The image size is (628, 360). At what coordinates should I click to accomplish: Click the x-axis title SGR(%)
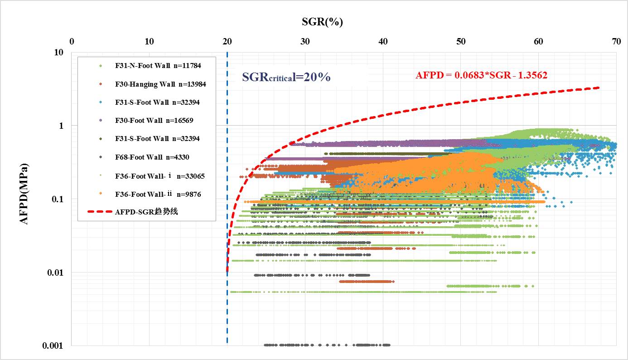(322, 21)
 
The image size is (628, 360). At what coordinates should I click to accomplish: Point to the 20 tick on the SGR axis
(227, 41)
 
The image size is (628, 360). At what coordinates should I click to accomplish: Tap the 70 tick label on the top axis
(616, 41)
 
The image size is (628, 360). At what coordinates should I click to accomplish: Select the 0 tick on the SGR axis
(72, 41)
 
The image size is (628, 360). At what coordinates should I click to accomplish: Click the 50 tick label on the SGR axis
(461, 41)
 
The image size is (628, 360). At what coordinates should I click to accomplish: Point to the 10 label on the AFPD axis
(58, 52)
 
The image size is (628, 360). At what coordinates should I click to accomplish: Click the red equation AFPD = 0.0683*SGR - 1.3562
(481, 75)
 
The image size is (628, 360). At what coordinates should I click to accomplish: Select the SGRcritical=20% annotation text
(286, 77)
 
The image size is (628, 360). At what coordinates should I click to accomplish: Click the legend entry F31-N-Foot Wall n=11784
(158, 66)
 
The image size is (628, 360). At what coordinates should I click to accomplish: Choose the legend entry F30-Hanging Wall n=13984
(160, 84)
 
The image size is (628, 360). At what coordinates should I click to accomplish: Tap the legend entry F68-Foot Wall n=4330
(152, 157)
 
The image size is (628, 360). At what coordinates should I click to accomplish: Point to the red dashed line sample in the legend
(99, 212)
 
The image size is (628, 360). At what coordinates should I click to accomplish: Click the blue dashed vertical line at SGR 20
(227, 308)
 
